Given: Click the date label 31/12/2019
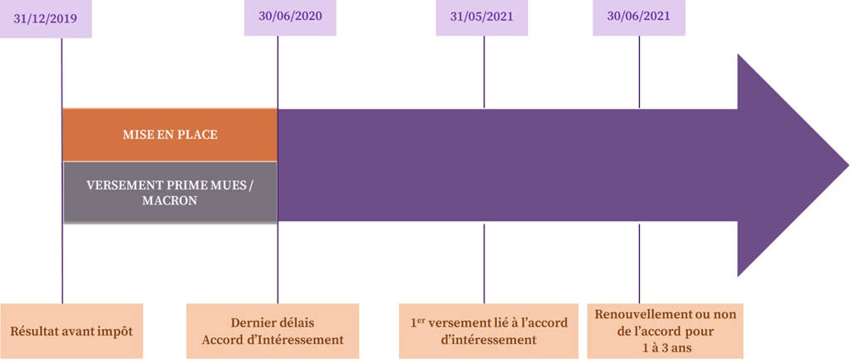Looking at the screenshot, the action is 46,19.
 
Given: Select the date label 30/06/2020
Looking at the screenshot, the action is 290,17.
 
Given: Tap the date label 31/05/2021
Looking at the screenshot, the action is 482,17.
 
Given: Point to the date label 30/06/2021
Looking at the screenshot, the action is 638,17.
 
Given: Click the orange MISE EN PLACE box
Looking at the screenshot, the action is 170,134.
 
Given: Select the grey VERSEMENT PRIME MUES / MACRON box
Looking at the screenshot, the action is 170,192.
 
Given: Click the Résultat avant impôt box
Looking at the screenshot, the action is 71,330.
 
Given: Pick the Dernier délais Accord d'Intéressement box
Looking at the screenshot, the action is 273,330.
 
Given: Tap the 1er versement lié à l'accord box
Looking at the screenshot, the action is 485,330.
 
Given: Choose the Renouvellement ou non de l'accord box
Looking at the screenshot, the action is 667,330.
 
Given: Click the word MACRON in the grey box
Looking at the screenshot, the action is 170,200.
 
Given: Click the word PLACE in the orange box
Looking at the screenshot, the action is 199,134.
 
